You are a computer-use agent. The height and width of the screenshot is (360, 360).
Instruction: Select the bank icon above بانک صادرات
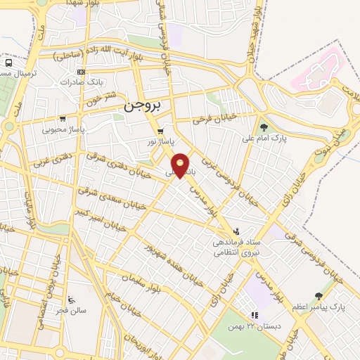click(x=82, y=72)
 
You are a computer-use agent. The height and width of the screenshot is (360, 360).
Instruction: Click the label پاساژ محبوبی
click(x=63, y=129)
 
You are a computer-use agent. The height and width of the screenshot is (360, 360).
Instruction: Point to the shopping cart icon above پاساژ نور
click(x=161, y=131)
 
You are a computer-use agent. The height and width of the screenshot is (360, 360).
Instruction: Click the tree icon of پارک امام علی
click(x=264, y=127)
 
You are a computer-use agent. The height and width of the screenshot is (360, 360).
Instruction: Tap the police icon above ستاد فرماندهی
click(x=236, y=231)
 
